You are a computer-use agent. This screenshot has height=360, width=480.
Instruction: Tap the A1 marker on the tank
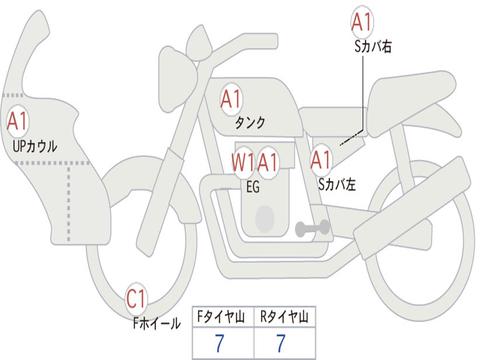click(231, 99)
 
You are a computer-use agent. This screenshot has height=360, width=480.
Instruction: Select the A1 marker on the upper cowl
click(18, 121)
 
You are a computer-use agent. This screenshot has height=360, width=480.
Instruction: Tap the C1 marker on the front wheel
click(136, 299)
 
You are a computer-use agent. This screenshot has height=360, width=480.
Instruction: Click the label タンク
click(250, 123)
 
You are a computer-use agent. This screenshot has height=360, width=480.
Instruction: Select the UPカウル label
click(35, 146)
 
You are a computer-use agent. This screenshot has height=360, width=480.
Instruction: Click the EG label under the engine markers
click(253, 187)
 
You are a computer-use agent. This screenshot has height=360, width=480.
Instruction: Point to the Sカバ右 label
click(373, 46)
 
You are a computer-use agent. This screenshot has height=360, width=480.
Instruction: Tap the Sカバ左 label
click(337, 185)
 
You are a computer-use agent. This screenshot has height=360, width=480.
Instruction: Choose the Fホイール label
click(157, 323)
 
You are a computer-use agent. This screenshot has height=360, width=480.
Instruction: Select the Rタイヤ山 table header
click(284, 318)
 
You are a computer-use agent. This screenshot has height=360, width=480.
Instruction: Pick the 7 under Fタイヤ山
click(219, 344)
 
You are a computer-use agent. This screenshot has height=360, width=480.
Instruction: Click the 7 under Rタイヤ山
click(281, 344)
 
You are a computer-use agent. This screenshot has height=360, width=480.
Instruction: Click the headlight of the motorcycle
click(176, 77)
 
